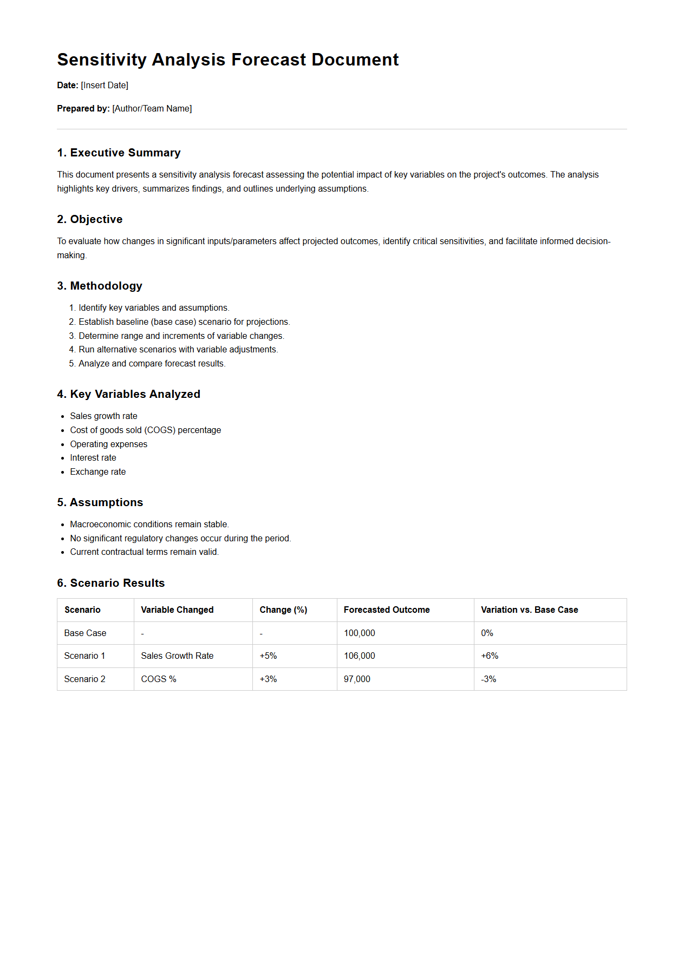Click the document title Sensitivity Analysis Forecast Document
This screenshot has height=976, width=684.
pos(227,60)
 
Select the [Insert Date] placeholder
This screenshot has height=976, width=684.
pos(105,86)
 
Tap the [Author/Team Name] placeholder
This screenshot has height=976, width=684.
pos(152,109)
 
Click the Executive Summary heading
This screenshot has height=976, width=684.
pos(119,153)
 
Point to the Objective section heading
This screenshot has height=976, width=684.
pos(90,219)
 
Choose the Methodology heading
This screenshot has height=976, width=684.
pos(100,286)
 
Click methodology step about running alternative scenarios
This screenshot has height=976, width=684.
pos(178,350)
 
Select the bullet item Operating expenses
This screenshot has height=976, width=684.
pos(108,444)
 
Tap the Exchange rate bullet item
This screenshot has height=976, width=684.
pos(97,472)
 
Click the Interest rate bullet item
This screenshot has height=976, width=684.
pos(93,458)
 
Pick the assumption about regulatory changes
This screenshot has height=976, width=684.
pos(180,539)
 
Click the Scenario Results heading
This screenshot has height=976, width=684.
pos(110,583)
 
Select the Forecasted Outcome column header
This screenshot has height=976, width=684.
pos(387,610)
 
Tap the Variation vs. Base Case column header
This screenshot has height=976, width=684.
pos(529,610)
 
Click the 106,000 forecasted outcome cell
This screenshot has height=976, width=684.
pos(360,656)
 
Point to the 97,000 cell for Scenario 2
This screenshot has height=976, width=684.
pos(357,679)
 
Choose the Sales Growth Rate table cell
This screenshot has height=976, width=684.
pos(177,656)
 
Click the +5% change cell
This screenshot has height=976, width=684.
pos(268,656)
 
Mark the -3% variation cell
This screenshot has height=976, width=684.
pos(488,679)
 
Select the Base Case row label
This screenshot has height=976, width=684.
pos(85,633)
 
